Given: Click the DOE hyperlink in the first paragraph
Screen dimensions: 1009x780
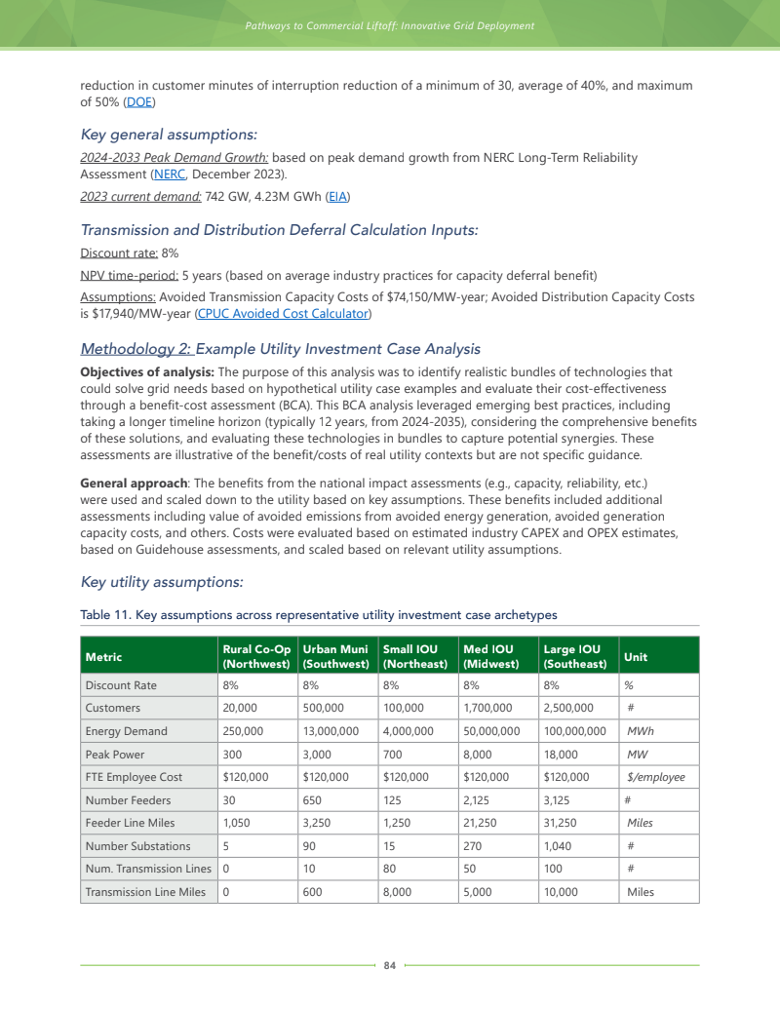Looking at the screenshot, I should tap(139, 102).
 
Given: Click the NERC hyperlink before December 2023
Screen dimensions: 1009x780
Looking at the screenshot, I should tap(170, 175).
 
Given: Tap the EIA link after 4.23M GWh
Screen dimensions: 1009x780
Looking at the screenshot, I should tap(337, 197).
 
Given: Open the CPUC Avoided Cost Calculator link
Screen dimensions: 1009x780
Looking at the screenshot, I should tap(282, 313).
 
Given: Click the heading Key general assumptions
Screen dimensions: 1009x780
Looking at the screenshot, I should tap(169, 135).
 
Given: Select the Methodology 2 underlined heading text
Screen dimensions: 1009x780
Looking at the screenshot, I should tap(136, 349).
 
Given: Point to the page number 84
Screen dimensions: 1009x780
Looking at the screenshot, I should tap(390, 965).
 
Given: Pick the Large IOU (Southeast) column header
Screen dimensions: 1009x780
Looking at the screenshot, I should tap(576, 656).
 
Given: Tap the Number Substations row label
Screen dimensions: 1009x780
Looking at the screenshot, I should tap(137, 846).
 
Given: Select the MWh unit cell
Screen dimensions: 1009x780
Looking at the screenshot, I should tap(641, 731).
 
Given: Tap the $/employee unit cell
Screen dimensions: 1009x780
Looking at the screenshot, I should tap(655, 777).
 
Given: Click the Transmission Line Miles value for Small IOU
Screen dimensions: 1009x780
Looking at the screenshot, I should tap(402, 892).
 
